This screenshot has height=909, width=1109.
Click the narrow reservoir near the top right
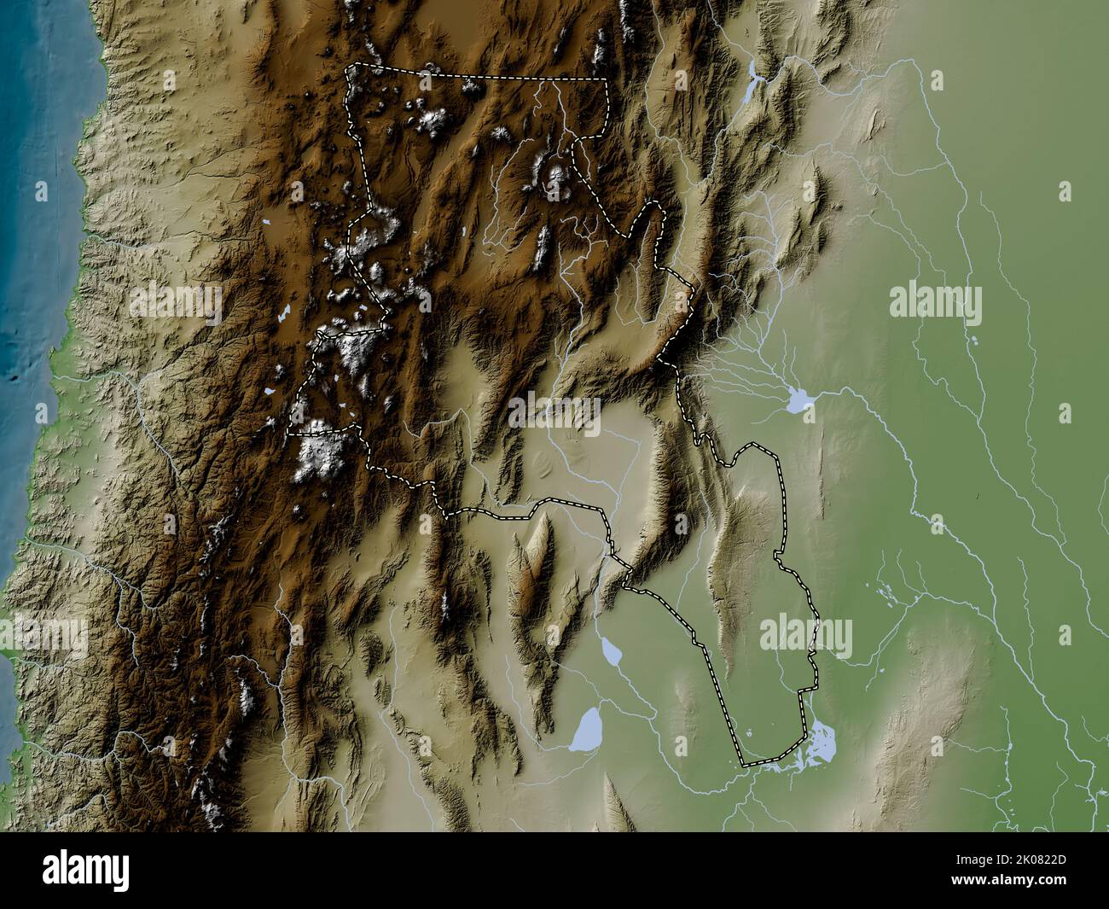tap(752, 82)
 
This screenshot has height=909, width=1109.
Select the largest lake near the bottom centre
tap(587, 728)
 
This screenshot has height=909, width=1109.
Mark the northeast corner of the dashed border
tap(607, 79)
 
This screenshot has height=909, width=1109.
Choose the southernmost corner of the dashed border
tap(743, 765)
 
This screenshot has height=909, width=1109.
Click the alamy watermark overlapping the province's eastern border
tap(805, 636)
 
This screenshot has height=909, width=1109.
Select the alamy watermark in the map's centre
tap(554, 412)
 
